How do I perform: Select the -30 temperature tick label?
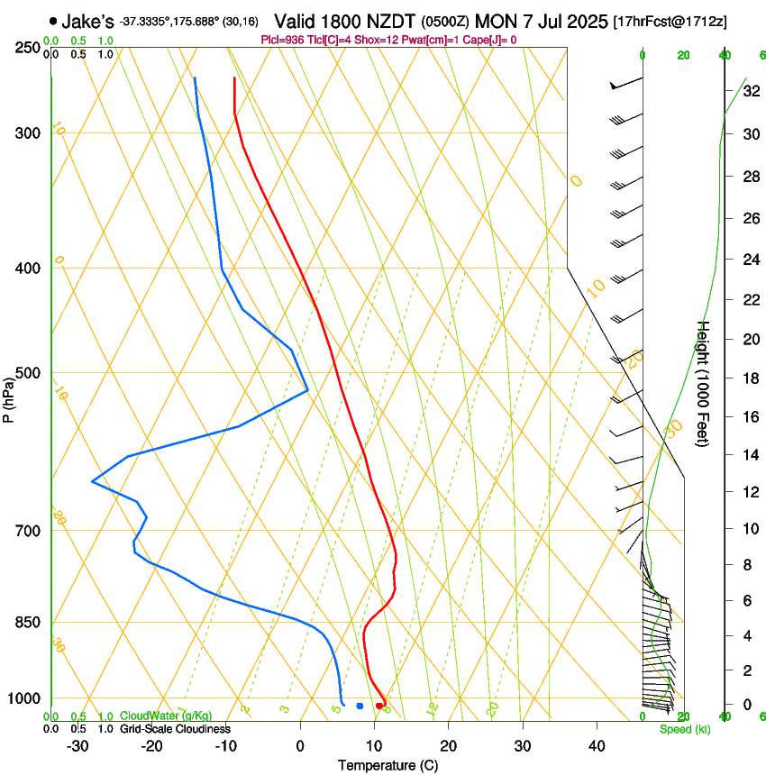(78, 745)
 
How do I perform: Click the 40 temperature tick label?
(596, 745)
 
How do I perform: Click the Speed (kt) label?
(684, 729)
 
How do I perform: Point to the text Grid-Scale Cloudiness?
(175, 729)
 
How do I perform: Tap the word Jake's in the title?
(88, 22)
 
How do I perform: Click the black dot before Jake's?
(53, 21)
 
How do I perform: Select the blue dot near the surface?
(360, 706)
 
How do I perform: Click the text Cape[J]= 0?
(490, 40)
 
